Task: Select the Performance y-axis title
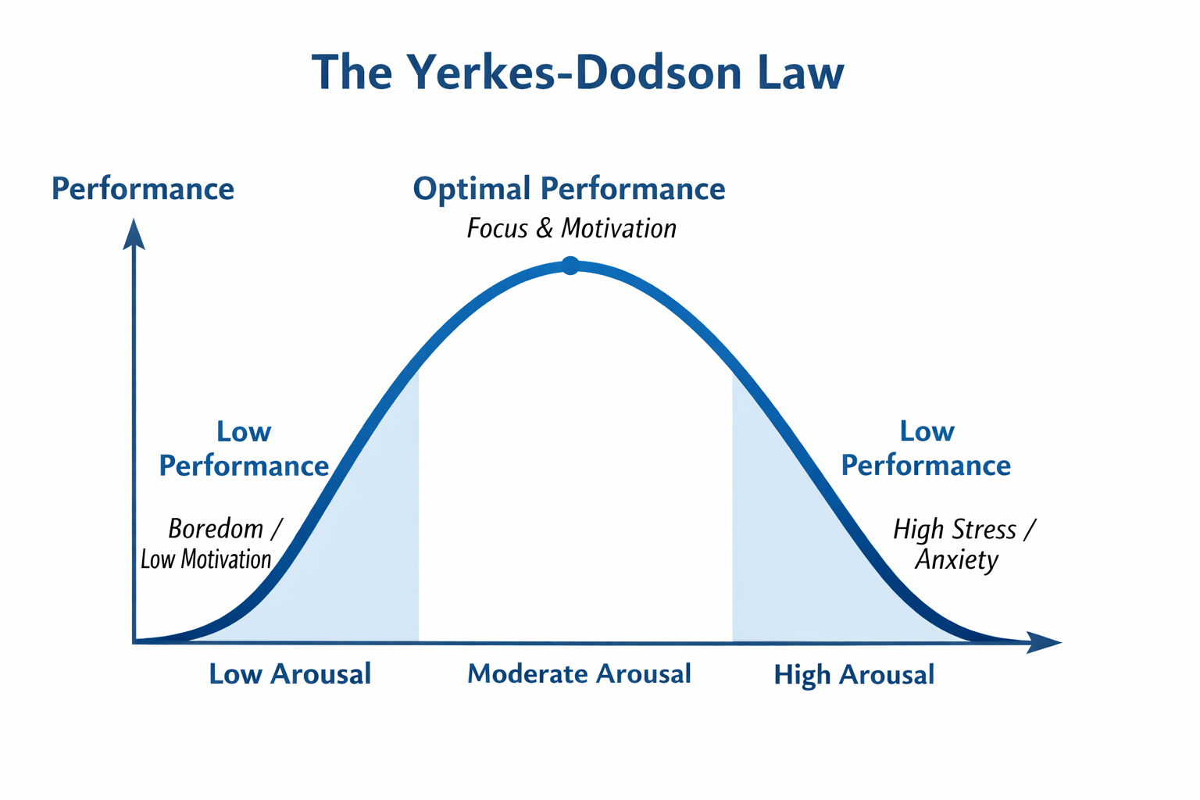tap(143, 188)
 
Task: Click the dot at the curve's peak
tap(570, 266)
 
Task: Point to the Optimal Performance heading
tap(569, 188)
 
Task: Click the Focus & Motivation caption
tap(572, 228)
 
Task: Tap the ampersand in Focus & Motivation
tap(545, 228)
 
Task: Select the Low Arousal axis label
tap(290, 673)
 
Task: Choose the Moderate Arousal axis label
tap(579, 673)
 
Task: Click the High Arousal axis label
tap(854, 675)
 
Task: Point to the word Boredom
tap(216, 529)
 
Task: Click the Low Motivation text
tap(205, 559)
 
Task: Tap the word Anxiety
tap(957, 560)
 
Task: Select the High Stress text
tap(955, 530)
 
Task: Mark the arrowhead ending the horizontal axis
tap(1044, 642)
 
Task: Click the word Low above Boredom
tap(244, 432)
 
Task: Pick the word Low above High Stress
tap(927, 431)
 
